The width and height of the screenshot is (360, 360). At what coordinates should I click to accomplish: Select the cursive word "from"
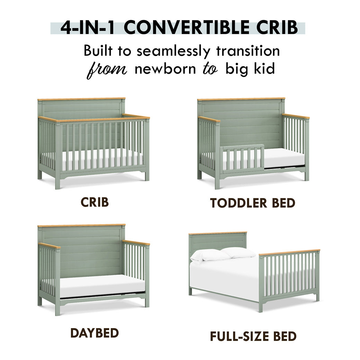coord(107,69)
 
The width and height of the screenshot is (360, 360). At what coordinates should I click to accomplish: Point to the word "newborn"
coord(165,69)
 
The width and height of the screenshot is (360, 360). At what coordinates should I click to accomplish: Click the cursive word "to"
coord(210,69)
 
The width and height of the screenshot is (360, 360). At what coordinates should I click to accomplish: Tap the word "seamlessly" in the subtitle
coord(173,52)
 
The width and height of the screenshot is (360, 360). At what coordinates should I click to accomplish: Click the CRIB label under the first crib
coord(94,202)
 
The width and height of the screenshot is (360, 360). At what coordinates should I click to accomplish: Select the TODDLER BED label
coord(253,203)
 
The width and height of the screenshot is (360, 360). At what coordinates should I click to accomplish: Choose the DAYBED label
coord(94,333)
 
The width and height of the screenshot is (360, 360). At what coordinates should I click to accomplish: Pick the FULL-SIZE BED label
coord(253,336)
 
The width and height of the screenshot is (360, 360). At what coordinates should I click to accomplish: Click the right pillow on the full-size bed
coord(239,252)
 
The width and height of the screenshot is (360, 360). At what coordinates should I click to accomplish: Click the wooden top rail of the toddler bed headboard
coord(241,99)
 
